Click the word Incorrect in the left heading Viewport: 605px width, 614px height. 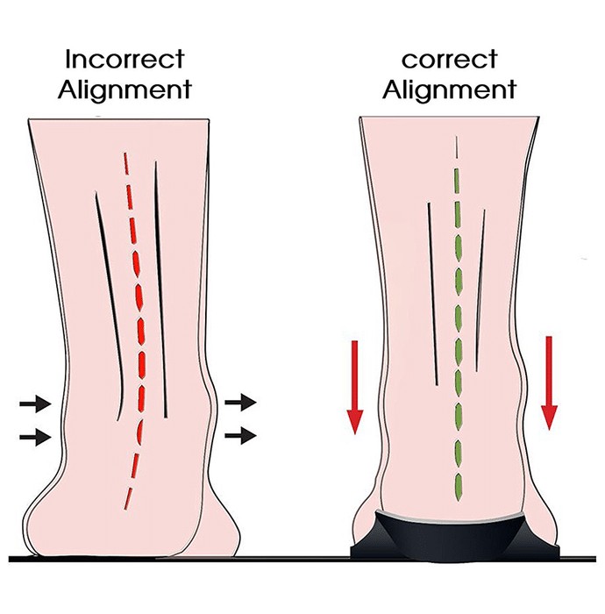pos(125,59)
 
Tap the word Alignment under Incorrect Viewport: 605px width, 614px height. pos(125,90)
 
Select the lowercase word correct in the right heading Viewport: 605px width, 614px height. pos(449,61)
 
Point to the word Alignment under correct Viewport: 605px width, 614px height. pos(449,90)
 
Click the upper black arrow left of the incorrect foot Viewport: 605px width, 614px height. pos(35,403)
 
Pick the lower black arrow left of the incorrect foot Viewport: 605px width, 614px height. pos(35,437)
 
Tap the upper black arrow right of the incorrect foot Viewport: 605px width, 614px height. pos(240,402)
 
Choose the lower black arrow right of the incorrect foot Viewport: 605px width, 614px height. pos(240,435)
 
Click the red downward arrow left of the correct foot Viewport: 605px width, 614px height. pos(355,387)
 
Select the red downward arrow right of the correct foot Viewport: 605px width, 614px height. pos(549,383)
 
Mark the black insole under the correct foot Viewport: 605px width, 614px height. pos(455,537)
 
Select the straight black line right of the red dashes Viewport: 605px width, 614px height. pos(160,289)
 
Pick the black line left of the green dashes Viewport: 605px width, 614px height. pos(432,294)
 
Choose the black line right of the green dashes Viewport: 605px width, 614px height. pos(480,290)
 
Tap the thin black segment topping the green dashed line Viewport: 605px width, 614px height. pos(457,147)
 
